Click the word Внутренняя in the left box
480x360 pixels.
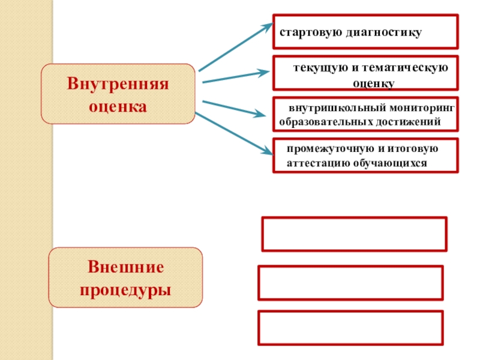point(118,82)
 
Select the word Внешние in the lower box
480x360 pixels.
point(125,266)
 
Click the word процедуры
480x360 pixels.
point(125,290)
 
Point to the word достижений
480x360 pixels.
point(411,122)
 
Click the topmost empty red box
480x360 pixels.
point(354,234)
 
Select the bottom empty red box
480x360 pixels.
point(351,328)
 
